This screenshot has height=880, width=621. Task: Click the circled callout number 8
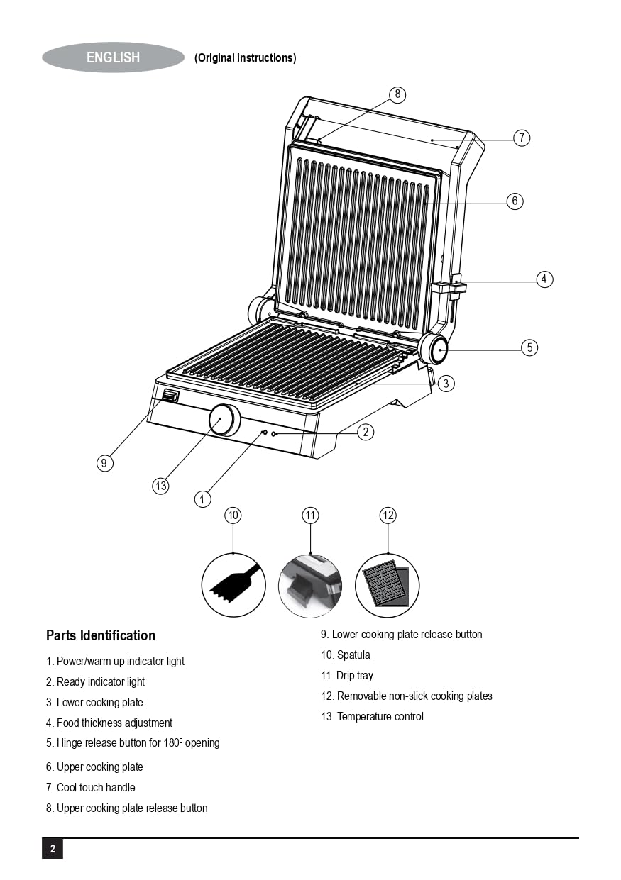tap(397, 94)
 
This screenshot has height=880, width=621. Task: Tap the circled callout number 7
tap(522, 138)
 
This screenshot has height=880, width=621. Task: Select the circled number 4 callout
tap(544, 279)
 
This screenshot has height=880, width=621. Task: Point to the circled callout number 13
tap(161, 486)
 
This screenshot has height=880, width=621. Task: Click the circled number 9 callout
tap(104, 463)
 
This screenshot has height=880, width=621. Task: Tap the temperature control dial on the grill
tap(224, 420)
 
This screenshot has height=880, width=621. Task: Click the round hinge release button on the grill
tap(434, 348)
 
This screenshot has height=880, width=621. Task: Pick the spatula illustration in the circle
tap(233, 585)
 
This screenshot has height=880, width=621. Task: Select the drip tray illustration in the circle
tap(310, 586)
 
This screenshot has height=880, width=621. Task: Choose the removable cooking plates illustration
tap(387, 586)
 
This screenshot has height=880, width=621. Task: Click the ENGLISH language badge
tap(114, 57)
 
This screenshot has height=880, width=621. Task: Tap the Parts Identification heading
tap(101, 635)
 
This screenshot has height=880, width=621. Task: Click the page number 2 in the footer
tap(53, 849)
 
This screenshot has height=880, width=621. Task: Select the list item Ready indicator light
tap(95, 682)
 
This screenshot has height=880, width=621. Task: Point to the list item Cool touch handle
tap(90, 787)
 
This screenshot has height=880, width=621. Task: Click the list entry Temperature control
tap(372, 717)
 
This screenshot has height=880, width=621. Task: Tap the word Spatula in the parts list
tap(353, 655)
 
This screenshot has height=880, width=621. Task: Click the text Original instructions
tap(246, 58)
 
